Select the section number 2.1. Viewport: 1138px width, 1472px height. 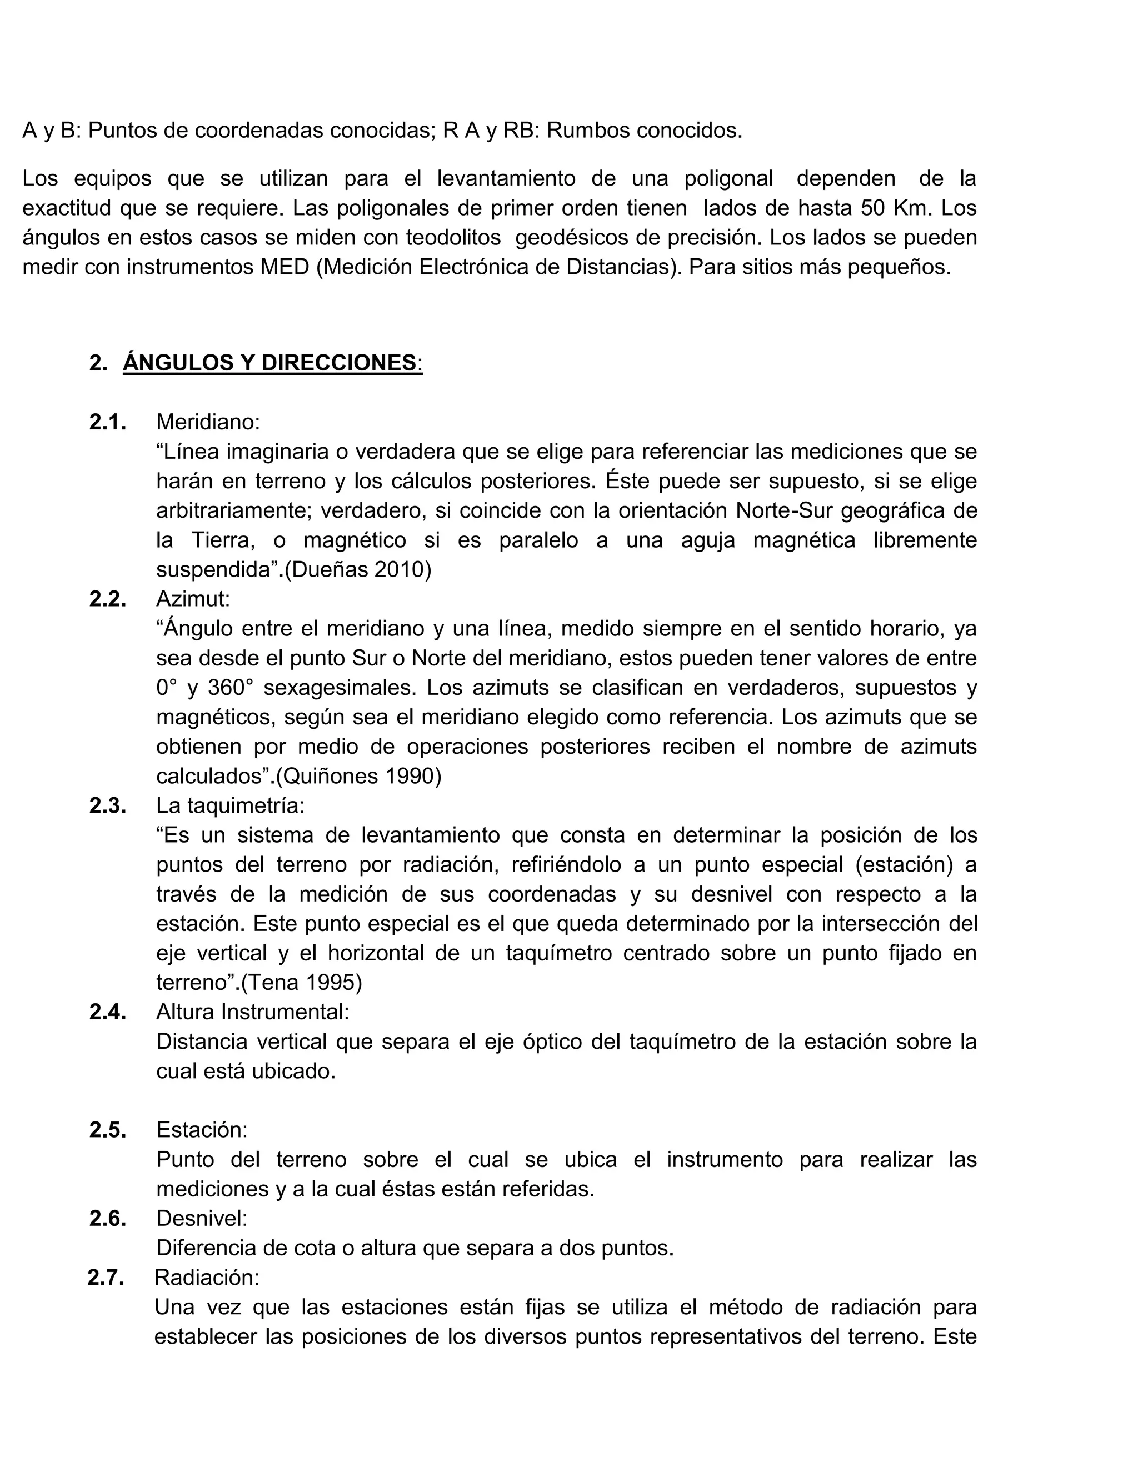pos(107,423)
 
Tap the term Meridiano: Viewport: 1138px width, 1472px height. pos(208,423)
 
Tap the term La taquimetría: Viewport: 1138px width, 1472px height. pos(230,805)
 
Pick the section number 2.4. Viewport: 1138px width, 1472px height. pos(107,1012)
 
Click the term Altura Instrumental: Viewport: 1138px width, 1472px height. pos(252,1012)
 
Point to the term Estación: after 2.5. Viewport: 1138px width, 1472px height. pos(202,1130)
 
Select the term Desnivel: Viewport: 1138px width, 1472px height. pos(202,1219)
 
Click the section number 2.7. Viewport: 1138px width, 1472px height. pos(106,1278)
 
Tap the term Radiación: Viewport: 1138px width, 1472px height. pos(206,1278)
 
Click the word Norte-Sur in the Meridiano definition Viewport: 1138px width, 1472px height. pos(787,511)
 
